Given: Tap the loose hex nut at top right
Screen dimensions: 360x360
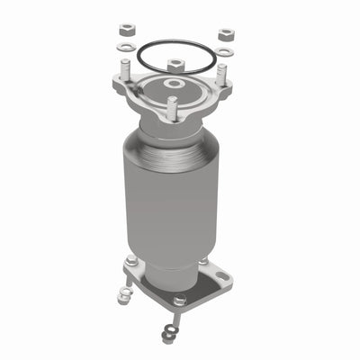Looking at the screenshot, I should [225, 35].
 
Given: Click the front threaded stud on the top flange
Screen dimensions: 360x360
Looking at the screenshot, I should [170, 108].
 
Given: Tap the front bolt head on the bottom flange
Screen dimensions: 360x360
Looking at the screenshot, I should [179, 300].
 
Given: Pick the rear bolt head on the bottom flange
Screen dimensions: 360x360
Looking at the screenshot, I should [204, 261].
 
